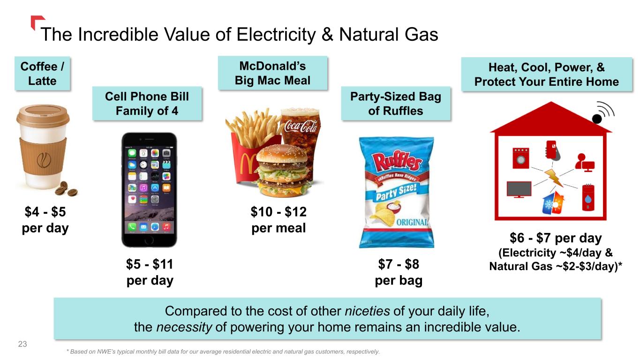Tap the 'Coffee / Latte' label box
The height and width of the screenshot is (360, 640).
pos(42,74)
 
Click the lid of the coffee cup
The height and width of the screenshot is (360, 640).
pos(43,114)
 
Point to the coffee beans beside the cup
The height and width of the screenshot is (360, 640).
pos(66,189)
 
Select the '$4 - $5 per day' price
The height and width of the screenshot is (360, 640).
pos(45,220)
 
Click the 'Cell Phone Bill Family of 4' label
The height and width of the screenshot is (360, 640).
pos(147,104)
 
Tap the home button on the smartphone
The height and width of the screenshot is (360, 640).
pos(149,240)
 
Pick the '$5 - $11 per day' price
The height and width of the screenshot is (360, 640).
pos(150,272)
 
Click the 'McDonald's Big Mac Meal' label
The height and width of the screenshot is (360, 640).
pos(272,73)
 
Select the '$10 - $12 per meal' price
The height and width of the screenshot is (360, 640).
pos(279,220)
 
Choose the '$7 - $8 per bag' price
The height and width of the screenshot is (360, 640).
pos(399,272)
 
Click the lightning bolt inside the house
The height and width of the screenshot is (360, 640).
pos(554,178)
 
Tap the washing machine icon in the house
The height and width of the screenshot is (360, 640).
pos(520,158)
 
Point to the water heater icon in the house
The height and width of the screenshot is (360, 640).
pos(588,197)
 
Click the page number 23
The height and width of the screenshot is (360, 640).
pos(23,344)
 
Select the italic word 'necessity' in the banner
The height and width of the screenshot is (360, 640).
pos(184,327)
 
